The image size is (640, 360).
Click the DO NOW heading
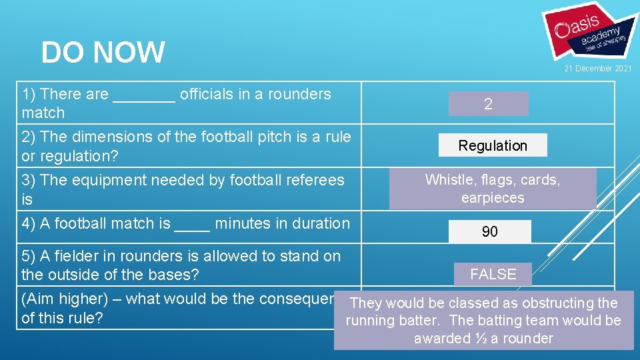pyautogui.click(x=103, y=53)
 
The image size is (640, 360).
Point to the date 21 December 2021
pyautogui.click(x=598, y=69)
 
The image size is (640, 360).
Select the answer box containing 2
pyautogui.click(x=488, y=104)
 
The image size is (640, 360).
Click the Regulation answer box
pyautogui.click(x=493, y=145)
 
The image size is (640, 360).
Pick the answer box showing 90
pyautogui.click(x=489, y=231)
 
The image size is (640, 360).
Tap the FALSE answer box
pyautogui.click(x=493, y=274)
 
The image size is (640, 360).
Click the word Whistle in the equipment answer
pyautogui.click(x=449, y=180)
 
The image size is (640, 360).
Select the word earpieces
pyautogui.click(x=493, y=198)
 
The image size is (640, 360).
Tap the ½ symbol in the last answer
pyautogui.click(x=481, y=339)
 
